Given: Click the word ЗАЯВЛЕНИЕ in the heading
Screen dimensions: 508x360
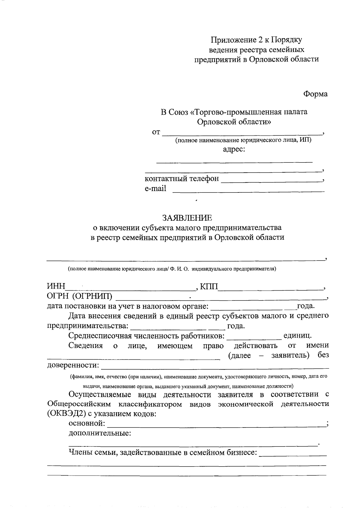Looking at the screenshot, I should tap(187, 217).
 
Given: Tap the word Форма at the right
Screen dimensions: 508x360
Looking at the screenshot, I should tap(315, 94).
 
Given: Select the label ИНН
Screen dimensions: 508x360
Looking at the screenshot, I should tap(56, 286).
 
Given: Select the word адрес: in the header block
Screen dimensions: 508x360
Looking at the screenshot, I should tap(234, 149).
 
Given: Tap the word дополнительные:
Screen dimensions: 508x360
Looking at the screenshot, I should tap(100, 433).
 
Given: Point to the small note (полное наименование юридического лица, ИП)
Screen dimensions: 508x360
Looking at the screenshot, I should tap(243, 140).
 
